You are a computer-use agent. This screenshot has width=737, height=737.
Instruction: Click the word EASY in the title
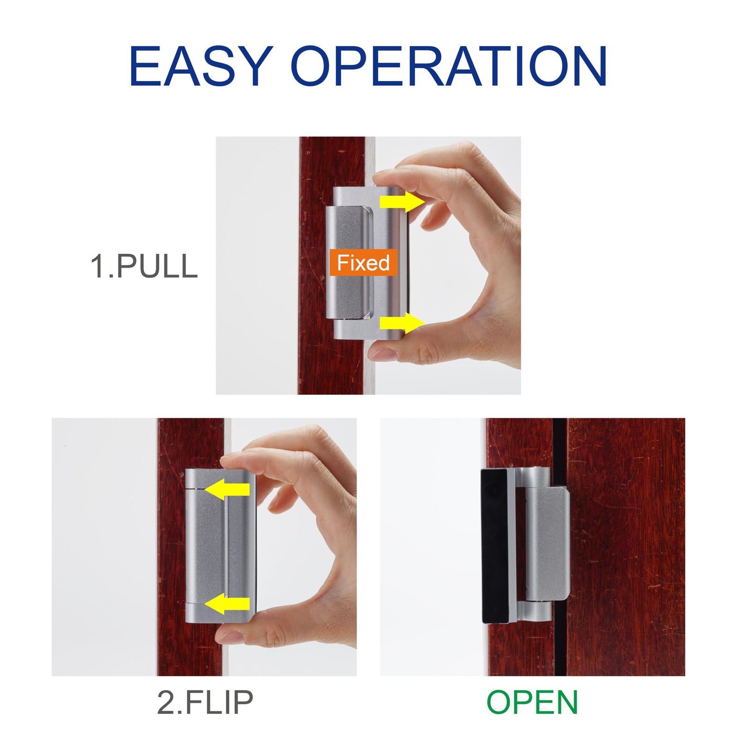pos(199,66)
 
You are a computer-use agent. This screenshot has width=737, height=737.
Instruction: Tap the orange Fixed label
pos(363,263)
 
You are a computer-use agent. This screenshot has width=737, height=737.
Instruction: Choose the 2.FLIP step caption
pos(205,702)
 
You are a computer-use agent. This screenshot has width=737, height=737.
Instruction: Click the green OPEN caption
pos(532,702)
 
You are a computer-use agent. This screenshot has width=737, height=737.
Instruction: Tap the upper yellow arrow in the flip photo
pos(227,489)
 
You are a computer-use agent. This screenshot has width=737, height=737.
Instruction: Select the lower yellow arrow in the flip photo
pos(227,603)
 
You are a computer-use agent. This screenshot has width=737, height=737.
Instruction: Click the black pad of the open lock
pos(494,546)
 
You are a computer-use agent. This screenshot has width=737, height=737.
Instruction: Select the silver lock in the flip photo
pos(220,546)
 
